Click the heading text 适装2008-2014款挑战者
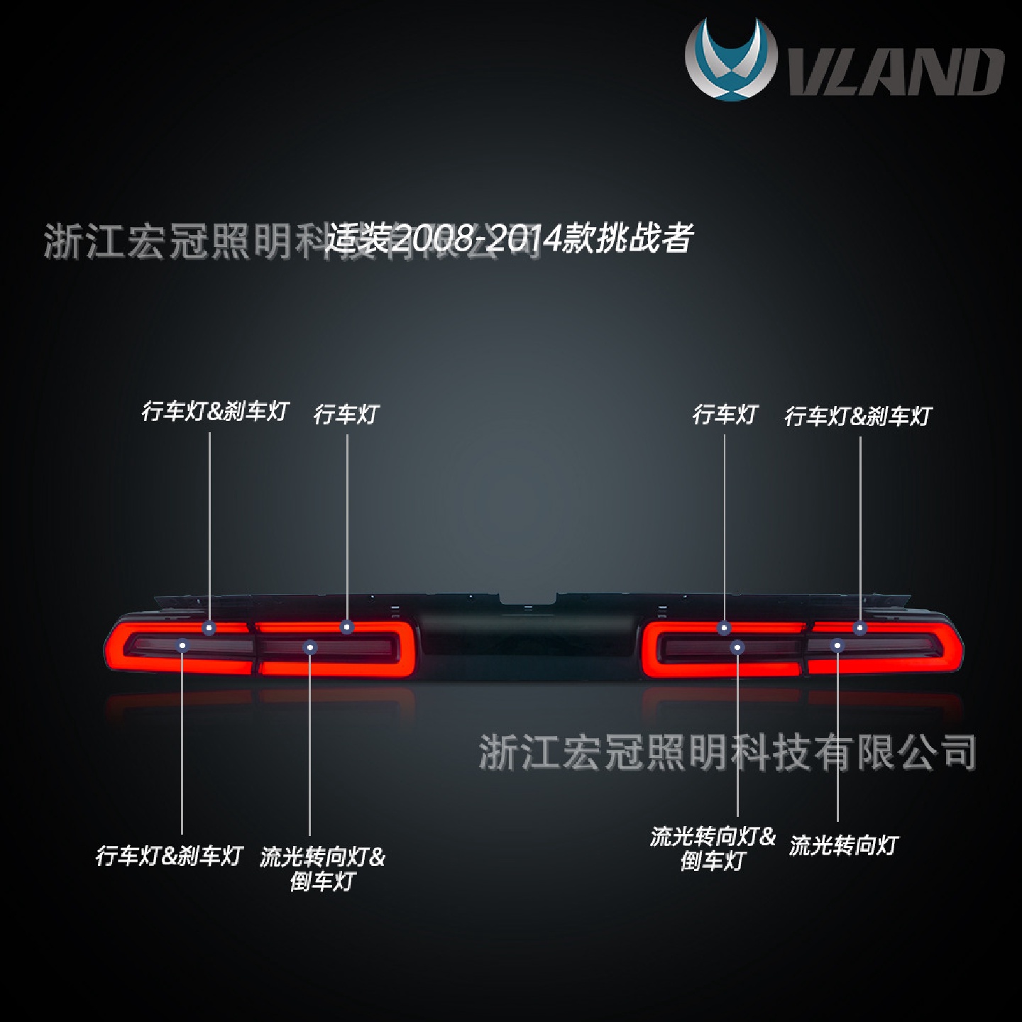click(x=508, y=238)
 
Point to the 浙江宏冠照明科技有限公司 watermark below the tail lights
click(x=727, y=752)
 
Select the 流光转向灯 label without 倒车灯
click(x=843, y=845)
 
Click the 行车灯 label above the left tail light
click(x=346, y=414)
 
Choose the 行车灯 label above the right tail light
click(x=725, y=414)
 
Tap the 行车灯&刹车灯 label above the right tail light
click(x=857, y=416)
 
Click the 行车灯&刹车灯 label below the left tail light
click(x=169, y=856)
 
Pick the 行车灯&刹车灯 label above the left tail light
click(x=214, y=412)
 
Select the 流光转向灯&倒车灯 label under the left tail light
click(x=322, y=869)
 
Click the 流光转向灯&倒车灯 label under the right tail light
click(x=713, y=848)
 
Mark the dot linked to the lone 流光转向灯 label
click(x=837, y=645)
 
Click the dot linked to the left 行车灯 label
click(x=346, y=627)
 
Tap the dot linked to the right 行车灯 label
click(x=724, y=627)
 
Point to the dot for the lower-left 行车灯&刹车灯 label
click(x=182, y=645)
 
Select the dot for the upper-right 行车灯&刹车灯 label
click(x=860, y=627)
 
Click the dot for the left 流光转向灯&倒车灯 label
click(x=309, y=647)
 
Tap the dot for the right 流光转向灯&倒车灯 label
click(x=737, y=647)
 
